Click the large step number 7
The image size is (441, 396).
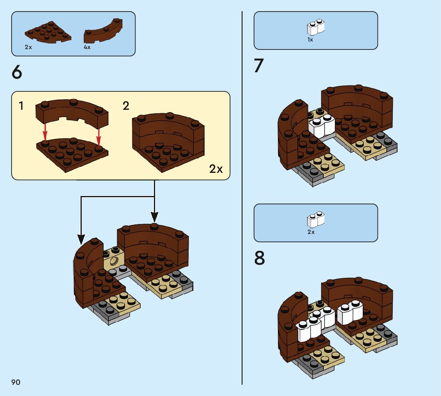259,66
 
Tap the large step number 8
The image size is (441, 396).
259,258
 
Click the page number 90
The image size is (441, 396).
16,382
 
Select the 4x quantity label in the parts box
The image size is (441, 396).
87,47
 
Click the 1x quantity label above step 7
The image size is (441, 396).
310,40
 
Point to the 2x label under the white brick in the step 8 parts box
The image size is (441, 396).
311,232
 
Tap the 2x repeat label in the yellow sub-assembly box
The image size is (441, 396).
216,169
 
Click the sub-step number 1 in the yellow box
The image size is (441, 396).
21,106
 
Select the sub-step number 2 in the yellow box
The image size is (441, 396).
126,106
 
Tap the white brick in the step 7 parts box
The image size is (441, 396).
315,28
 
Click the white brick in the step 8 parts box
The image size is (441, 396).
315,220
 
